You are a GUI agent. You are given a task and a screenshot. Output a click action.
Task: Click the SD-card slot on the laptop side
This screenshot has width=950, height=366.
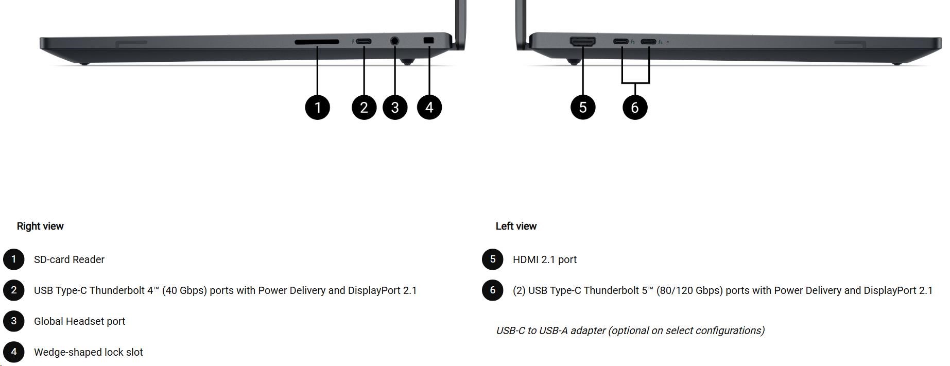tap(317, 42)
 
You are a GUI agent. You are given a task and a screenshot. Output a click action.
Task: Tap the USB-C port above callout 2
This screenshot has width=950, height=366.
tap(364, 41)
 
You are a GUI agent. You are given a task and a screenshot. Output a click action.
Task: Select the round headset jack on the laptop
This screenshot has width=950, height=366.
tap(395, 40)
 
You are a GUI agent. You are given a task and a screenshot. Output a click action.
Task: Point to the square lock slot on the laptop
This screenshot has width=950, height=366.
tap(428, 40)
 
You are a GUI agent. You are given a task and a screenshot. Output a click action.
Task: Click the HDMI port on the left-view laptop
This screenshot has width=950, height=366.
tap(582, 41)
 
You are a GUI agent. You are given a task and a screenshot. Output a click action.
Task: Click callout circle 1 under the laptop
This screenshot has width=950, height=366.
tap(317, 107)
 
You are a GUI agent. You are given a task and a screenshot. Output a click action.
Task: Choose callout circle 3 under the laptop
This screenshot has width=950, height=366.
tap(395, 107)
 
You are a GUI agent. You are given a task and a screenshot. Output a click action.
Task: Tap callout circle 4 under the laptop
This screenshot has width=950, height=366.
tap(429, 107)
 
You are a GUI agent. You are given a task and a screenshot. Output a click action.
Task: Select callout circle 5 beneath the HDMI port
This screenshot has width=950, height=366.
tap(583, 107)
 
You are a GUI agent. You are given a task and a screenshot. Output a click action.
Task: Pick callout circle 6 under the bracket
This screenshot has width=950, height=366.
tap(635, 107)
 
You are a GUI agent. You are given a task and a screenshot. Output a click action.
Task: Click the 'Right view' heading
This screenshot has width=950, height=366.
tap(40, 226)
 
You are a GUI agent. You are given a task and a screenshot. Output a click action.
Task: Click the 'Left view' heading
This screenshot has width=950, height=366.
tap(516, 226)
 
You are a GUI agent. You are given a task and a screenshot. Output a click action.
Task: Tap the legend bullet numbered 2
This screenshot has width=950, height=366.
tap(14, 290)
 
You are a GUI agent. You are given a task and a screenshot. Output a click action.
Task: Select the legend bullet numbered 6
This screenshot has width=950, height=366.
tap(493, 290)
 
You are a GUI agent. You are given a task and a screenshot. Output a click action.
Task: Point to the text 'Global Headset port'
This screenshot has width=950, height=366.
tap(79, 321)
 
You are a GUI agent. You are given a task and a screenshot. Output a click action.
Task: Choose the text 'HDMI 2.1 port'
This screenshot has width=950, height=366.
tap(544, 259)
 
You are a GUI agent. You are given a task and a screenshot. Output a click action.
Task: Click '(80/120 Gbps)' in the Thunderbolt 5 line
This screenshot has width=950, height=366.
tap(689, 290)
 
